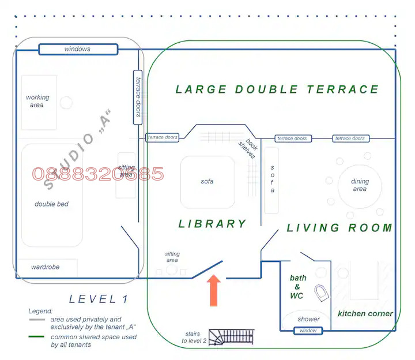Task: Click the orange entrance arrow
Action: pyautogui.click(x=214, y=291)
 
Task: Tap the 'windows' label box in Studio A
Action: pyautogui.click(x=78, y=49)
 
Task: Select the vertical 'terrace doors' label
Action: pyautogui.click(x=138, y=97)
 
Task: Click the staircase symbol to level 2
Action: pyautogui.click(x=231, y=337)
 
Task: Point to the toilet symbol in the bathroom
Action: pyautogui.click(x=322, y=293)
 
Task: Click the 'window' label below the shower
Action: pyautogui.click(x=308, y=331)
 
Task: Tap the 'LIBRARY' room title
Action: pyautogui.click(x=213, y=224)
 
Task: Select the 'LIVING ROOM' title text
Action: pyautogui.click(x=339, y=228)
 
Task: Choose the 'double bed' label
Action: pyautogui.click(x=51, y=204)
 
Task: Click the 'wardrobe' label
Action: pyautogui.click(x=46, y=267)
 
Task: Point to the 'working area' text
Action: pyautogui.click(x=37, y=101)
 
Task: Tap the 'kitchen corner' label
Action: pyautogui.click(x=365, y=314)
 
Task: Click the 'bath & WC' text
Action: pyautogui.click(x=298, y=287)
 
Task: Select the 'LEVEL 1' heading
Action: pyautogui.click(x=99, y=299)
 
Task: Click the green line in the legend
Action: pyautogui.click(x=36, y=337)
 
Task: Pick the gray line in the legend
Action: pyautogui.click(x=37, y=320)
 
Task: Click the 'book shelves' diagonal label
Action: pyautogui.click(x=248, y=148)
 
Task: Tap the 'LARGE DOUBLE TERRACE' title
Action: pyautogui.click(x=277, y=89)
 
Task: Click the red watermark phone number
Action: pyautogui.click(x=98, y=174)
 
